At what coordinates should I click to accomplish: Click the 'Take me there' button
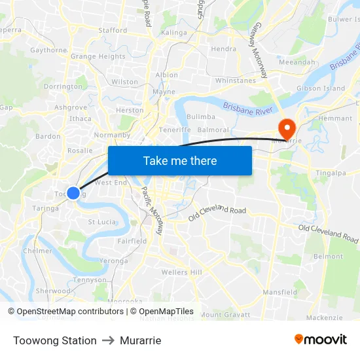180,160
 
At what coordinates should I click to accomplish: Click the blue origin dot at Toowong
73,193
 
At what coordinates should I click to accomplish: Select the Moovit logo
320,340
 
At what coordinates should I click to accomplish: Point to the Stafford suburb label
113,30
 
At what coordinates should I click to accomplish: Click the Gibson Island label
321,88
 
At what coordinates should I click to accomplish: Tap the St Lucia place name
102,222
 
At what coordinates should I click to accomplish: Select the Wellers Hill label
182,272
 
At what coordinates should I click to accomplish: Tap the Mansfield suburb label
280,292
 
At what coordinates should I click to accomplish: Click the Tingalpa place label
331,173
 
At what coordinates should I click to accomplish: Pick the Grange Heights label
98,57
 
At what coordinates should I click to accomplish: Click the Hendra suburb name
224,48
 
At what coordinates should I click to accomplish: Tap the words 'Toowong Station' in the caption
55,340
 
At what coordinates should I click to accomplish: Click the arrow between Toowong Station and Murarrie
108,340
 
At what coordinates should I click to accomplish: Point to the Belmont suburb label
329,257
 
